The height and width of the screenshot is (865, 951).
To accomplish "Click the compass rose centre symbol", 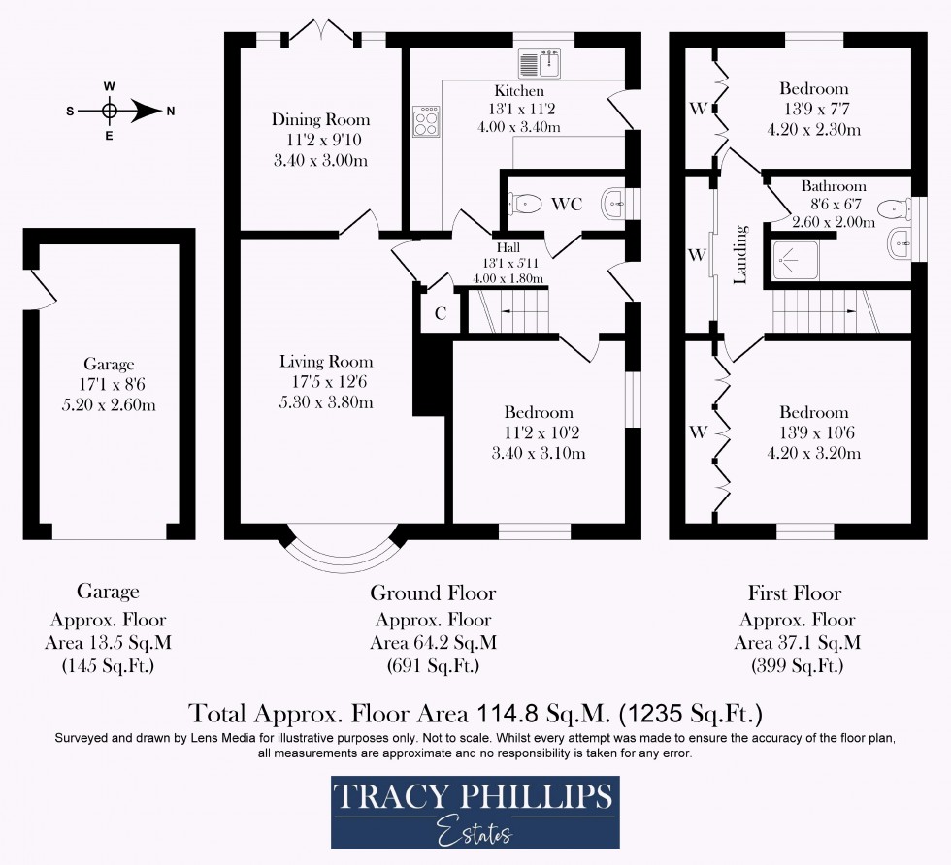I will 110,111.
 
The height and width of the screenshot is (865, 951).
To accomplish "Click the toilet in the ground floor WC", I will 525,204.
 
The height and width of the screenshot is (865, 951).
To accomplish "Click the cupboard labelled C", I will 440,312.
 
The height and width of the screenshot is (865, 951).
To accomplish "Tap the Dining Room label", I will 320,120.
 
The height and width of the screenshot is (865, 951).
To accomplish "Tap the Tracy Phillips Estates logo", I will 475,812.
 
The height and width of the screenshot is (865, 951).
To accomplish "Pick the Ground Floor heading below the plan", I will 433,593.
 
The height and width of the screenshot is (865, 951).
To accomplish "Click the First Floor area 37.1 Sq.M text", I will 798,642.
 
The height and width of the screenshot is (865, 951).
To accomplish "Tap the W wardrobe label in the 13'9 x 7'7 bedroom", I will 697,108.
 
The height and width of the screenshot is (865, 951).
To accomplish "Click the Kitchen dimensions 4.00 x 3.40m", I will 519,127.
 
